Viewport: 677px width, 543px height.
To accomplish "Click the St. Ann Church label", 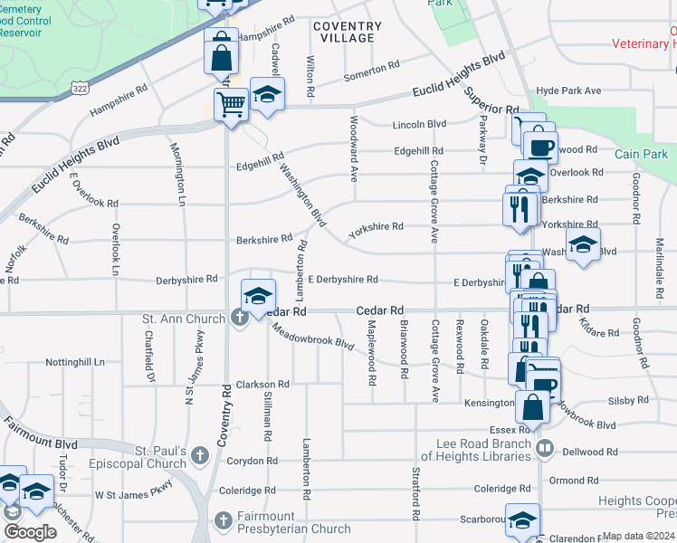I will click(184, 319).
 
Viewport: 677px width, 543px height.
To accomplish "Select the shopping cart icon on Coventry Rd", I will click(231, 106).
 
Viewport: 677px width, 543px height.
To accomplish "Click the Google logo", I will click(30, 532).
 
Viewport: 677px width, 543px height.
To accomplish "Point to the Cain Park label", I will click(641, 154).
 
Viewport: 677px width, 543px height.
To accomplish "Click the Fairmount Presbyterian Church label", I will click(294, 522).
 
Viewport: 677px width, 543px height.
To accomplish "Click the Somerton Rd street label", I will click(371, 70).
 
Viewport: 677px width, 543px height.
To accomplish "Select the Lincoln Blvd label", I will click(419, 124).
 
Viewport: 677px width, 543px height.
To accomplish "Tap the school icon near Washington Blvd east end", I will click(583, 243).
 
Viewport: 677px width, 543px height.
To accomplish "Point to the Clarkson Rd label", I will click(262, 384).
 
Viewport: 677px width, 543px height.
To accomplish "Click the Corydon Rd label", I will click(245, 461).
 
